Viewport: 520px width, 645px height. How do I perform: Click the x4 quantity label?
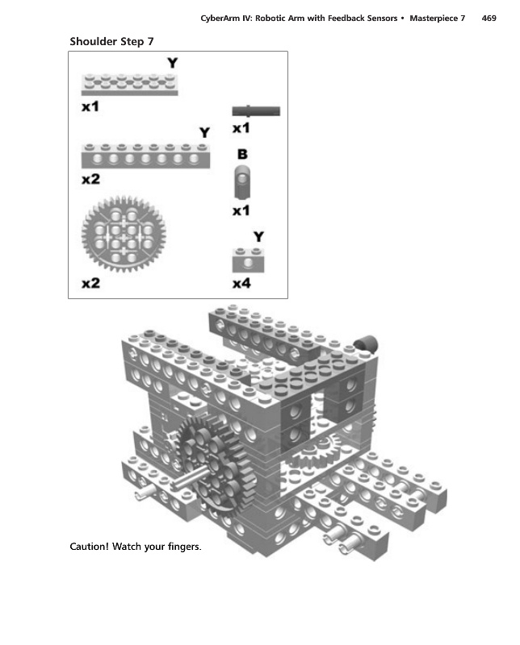tap(241, 284)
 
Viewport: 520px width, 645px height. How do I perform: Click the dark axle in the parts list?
tap(256, 111)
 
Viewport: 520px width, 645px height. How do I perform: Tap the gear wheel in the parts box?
tap(124, 231)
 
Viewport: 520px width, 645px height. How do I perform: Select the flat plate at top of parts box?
tap(129, 82)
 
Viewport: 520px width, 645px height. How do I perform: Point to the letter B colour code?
tap(241, 153)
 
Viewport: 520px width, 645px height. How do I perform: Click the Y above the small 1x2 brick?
tap(258, 236)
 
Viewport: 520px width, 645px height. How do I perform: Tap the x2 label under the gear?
tap(90, 284)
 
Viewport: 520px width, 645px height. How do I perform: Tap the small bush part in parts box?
tap(242, 183)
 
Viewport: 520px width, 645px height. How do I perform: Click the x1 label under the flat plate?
tap(90, 106)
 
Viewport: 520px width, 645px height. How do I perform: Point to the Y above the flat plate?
tap(172, 62)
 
